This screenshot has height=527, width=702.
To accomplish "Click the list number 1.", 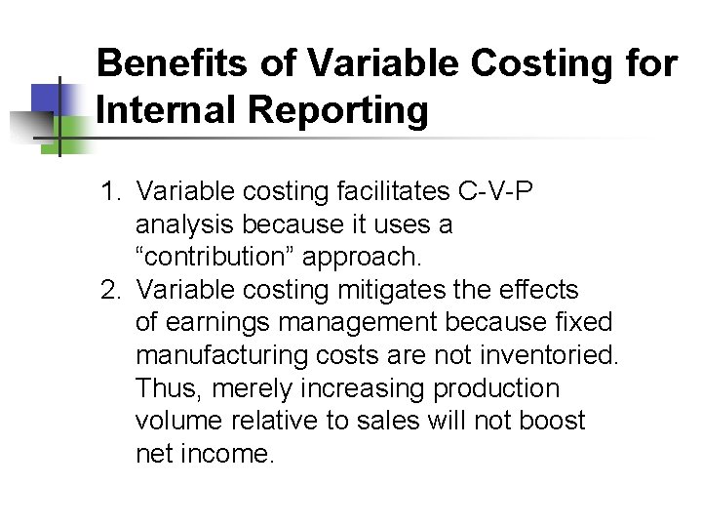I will pyautogui.click(x=110, y=191).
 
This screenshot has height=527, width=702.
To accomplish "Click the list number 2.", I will pyautogui.click(x=110, y=290).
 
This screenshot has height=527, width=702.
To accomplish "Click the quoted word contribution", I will pyautogui.click(x=214, y=257).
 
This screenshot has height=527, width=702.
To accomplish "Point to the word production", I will pyautogui.click(x=496, y=388).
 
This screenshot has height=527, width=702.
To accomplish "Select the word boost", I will pyautogui.click(x=553, y=421).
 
